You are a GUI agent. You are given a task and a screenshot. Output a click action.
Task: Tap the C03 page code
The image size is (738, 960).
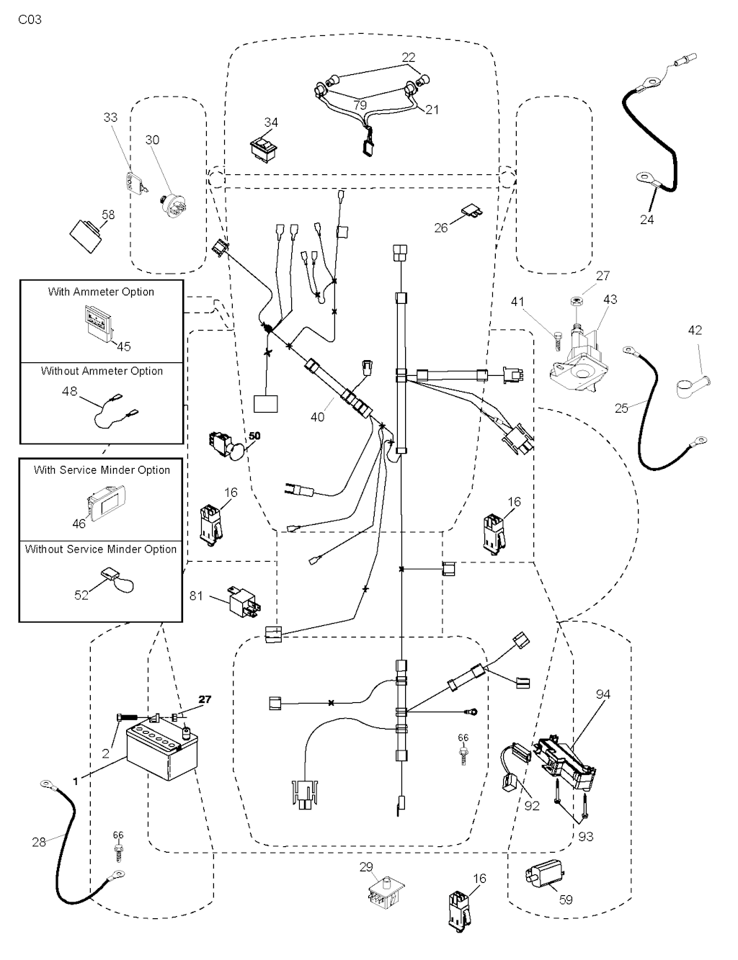coord(30,19)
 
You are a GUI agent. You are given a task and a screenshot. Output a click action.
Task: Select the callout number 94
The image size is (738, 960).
coord(603,694)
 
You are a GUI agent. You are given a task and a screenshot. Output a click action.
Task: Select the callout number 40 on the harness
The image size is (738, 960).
coord(318,416)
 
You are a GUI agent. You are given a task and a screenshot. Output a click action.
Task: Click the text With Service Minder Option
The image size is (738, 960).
coord(102,470)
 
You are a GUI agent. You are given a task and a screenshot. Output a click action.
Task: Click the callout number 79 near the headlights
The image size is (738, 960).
coord(360,105)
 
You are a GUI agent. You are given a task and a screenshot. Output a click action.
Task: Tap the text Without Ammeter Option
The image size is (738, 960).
coord(102,371)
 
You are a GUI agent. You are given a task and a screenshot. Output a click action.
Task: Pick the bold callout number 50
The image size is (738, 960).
coord(254,436)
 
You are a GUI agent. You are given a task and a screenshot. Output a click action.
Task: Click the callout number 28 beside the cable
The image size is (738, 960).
coord(39,840)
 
